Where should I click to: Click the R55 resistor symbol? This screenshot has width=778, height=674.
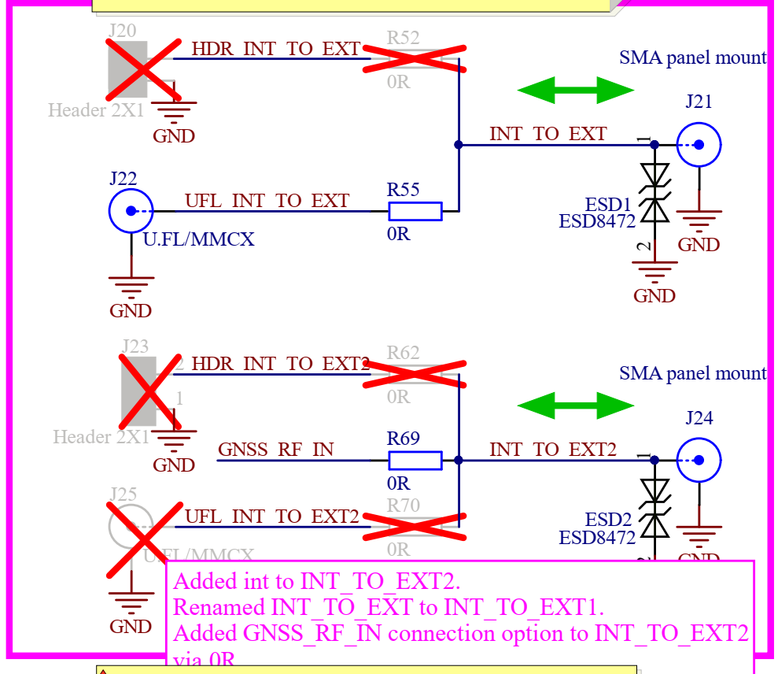(415, 211)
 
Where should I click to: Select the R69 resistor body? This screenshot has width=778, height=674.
(415, 460)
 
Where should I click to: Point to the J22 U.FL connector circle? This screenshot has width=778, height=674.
(131, 211)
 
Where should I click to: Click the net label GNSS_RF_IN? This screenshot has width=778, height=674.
(275, 450)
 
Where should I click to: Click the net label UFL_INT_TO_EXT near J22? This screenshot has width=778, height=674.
(267, 201)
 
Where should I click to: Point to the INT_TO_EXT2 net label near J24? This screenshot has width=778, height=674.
(552, 450)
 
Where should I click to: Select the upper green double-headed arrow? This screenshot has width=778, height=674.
(576, 90)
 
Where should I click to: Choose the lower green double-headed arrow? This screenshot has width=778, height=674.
(576, 406)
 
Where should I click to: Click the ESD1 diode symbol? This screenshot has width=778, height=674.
(654, 193)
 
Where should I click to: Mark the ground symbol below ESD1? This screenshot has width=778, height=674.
(654, 272)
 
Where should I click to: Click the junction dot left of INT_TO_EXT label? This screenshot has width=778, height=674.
(459, 145)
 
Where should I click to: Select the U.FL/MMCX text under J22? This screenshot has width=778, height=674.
(199, 239)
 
